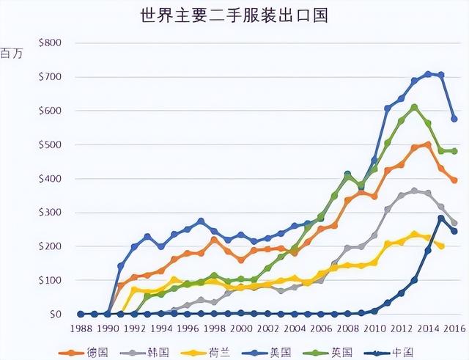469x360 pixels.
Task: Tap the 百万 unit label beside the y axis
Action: point(12,54)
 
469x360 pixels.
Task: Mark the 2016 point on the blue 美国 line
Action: point(454,118)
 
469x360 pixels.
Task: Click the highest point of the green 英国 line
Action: point(414,107)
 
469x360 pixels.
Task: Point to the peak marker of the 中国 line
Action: point(441,218)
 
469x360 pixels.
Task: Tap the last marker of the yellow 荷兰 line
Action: point(441,246)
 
